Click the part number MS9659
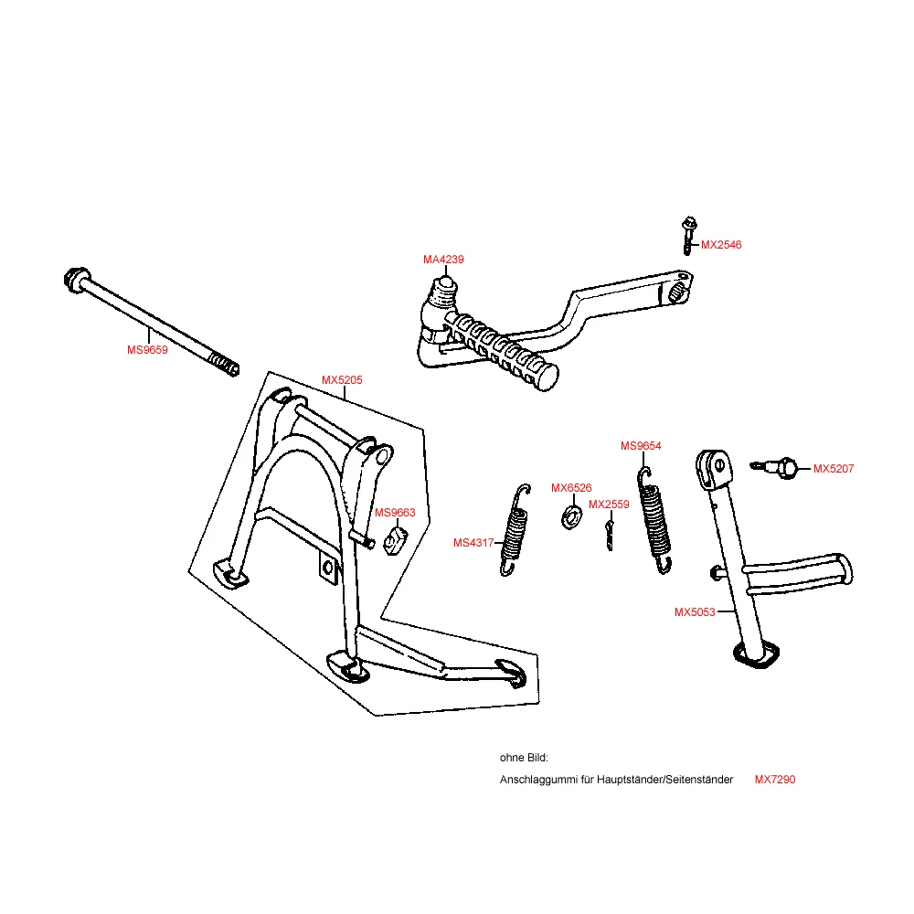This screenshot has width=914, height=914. (x=147, y=349)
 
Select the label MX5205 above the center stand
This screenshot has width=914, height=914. (x=342, y=380)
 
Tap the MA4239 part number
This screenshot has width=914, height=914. (x=443, y=260)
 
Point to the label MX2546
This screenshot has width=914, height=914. (x=721, y=245)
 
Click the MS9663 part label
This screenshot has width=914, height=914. (x=395, y=513)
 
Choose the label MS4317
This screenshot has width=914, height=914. (x=473, y=543)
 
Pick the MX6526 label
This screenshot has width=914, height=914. (x=571, y=488)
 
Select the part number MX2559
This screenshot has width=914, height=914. (x=609, y=504)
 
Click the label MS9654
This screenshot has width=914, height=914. (x=641, y=446)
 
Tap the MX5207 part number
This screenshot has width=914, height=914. (x=834, y=469)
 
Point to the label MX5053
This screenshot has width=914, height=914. (x=695, y=612)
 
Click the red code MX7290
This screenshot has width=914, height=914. (x=775, y=780)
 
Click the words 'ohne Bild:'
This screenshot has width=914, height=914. (x=524, y=758)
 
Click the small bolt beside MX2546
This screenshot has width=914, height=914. (x=686, y=233)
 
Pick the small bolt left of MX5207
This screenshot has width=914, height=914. (x=776, y=468)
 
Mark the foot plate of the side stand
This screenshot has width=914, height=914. (x=758, y=656)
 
